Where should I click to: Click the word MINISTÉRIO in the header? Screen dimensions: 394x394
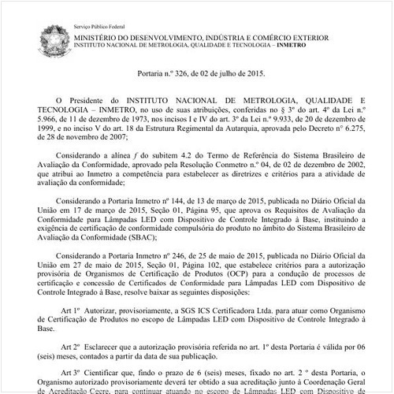click(x=101, y=36)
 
